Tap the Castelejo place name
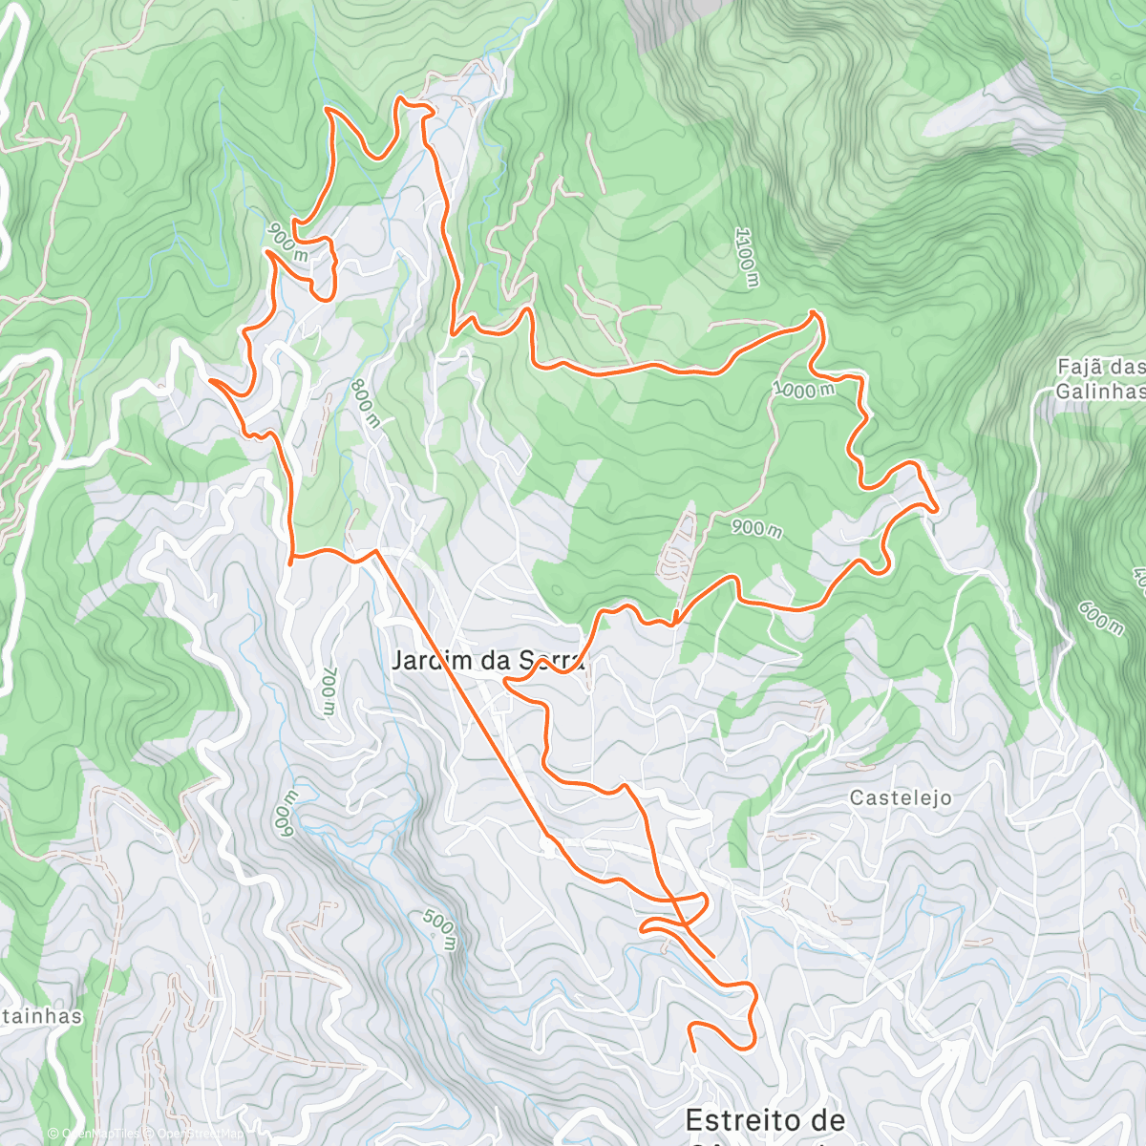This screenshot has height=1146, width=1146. (901, 797)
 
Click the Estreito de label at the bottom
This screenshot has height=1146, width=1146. (765, 1119)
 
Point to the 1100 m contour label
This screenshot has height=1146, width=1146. (746, 257)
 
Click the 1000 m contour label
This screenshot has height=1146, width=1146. (803, 390)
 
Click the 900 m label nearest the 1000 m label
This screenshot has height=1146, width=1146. (756, 526)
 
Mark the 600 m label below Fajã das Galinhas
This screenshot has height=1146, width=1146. (1101, 617)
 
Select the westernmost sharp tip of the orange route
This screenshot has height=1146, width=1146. (209, 380)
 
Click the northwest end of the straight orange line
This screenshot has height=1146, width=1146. (376, 551)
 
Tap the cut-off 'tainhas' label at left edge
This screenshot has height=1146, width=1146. (41, 1016)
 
